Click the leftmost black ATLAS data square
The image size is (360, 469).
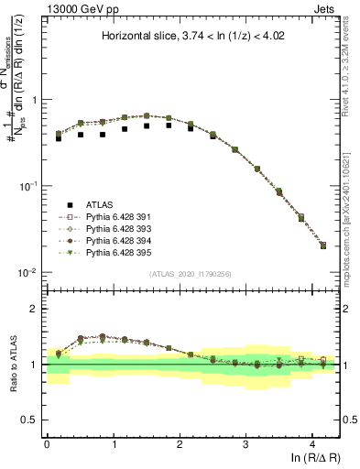59,138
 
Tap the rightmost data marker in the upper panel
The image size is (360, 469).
323,245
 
